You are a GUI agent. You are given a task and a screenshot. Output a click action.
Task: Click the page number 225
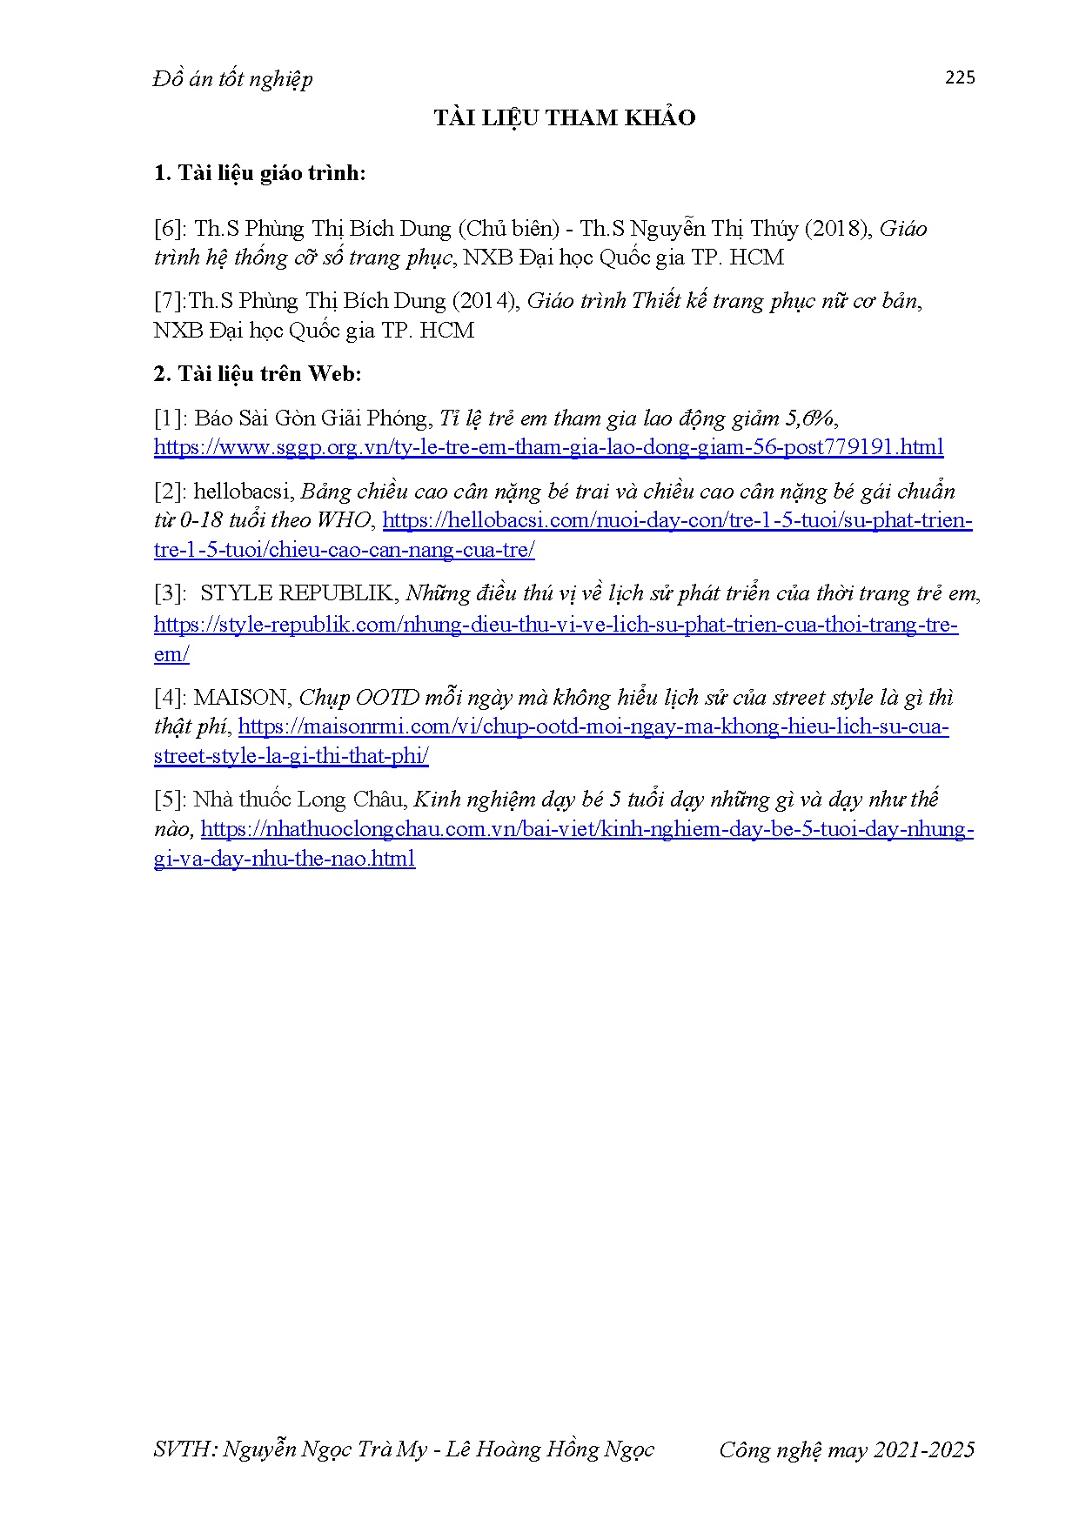click(960, 77)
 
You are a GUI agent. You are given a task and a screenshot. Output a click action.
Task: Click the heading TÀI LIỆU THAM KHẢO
click(565, 118)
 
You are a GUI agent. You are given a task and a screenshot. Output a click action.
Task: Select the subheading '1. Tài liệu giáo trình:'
click(259, 173)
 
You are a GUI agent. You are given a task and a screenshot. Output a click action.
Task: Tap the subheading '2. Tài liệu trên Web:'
click(258, 374)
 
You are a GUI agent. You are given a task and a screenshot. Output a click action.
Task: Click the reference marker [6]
click(168, 229)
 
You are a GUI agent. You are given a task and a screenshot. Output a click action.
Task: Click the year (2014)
click(486, 301)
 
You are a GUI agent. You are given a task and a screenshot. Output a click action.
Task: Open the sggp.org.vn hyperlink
click(548, 447)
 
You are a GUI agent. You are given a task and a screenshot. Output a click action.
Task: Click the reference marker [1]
click(168, 418)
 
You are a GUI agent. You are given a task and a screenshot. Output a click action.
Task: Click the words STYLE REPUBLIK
click(297, 593)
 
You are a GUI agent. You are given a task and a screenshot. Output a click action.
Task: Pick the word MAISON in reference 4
click(240, 698)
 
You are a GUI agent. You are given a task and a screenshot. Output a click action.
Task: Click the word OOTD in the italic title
click(387, 698)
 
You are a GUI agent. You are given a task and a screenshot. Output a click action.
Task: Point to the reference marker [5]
click(168, 800)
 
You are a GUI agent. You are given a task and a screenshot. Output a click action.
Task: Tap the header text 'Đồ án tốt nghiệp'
click(232, 79)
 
